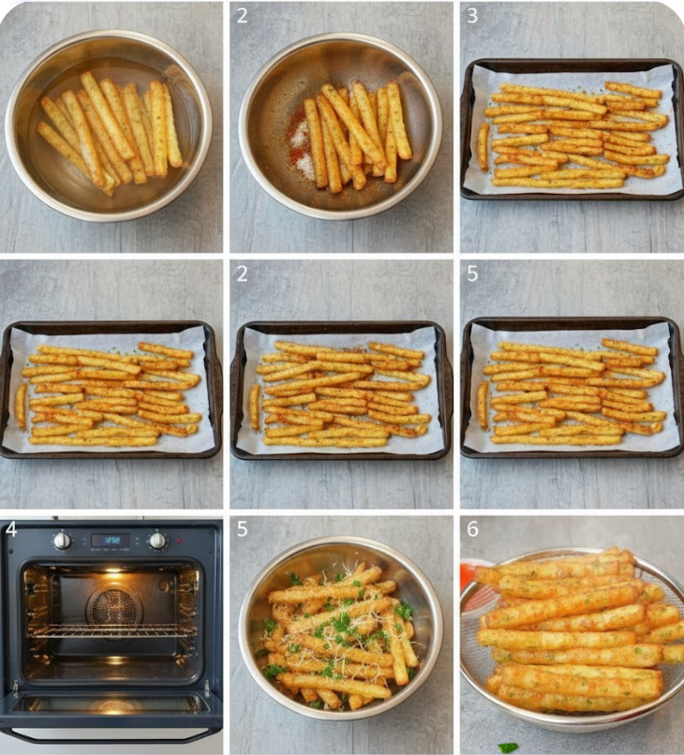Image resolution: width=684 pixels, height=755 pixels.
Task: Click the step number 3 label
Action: (x=471, y=16)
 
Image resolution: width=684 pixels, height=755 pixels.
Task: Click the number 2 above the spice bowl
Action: (x=242, y=16)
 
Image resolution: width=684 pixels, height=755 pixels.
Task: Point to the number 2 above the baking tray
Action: (x=242, y=274)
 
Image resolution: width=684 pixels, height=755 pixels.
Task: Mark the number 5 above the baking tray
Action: (x=471, y=274)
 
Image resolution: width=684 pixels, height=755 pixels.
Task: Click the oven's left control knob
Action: (x=62, y=540)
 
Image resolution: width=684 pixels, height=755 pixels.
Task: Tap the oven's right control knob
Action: (x=157, y=540)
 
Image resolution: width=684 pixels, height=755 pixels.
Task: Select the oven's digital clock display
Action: (x=111, y=540)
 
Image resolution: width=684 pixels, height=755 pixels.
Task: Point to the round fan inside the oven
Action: (x=114, y=606)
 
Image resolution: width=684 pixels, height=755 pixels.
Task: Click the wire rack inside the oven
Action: (x=112, y=630)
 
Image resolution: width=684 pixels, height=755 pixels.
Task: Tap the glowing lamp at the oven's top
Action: (x=113, y=569)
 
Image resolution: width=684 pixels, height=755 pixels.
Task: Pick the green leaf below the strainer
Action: (x=507, y=747)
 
